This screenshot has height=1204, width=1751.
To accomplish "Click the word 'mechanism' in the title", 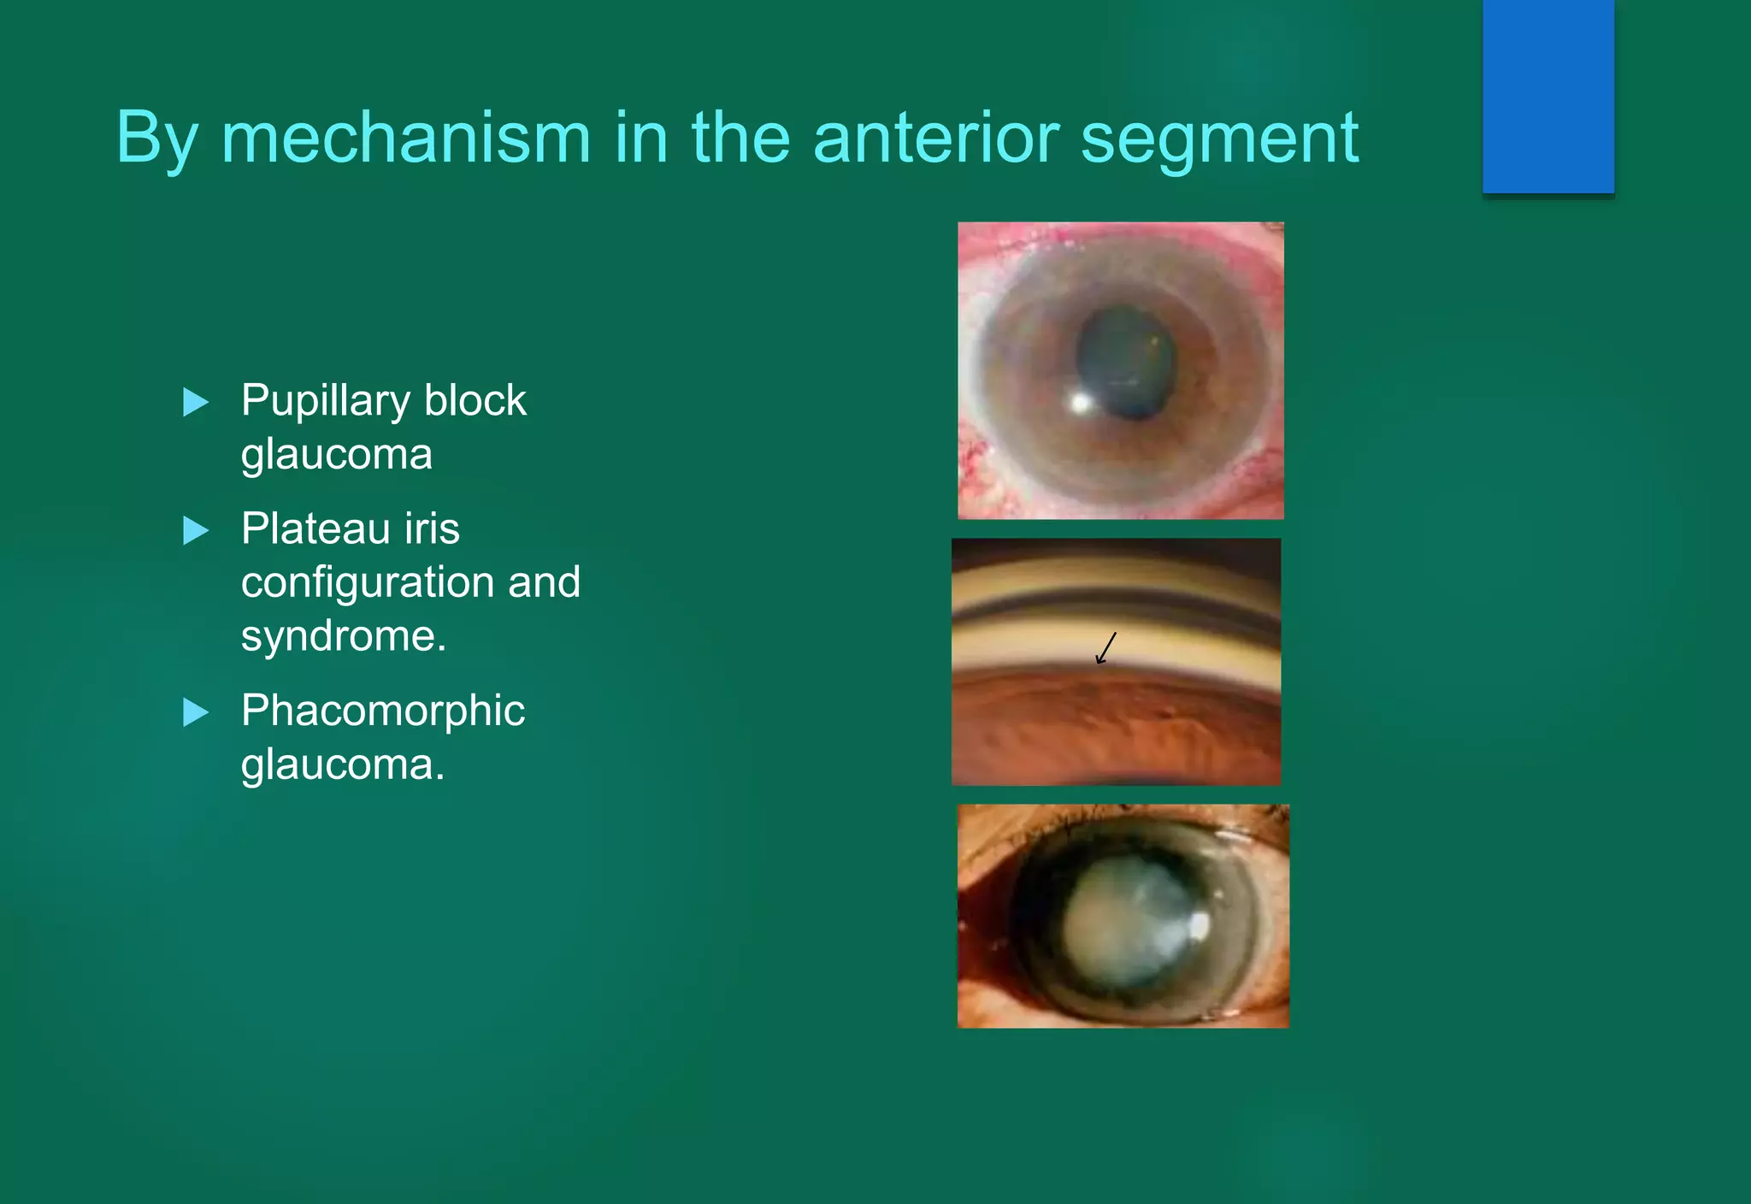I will (x=405, y=139).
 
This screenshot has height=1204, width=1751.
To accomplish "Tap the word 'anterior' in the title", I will (x=935, y=139).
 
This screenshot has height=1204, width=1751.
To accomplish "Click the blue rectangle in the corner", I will (x=1548, y=96).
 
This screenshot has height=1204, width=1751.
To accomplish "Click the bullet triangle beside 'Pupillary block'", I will (x=196, y=402).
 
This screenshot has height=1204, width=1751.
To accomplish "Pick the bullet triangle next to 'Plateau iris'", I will (x=196, y=530).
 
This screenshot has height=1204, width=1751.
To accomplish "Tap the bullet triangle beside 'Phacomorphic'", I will (x=196, y=711).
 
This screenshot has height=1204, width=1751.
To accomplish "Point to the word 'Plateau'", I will (x=315, y=528).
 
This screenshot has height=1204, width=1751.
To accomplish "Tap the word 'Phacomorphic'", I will (x=382, y=711).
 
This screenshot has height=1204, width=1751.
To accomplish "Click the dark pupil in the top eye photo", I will (x=1125, y=363).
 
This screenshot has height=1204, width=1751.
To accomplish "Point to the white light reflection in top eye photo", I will (x=1081, y=401).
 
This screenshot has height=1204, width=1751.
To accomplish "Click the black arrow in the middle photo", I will (x=1106, y=648).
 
